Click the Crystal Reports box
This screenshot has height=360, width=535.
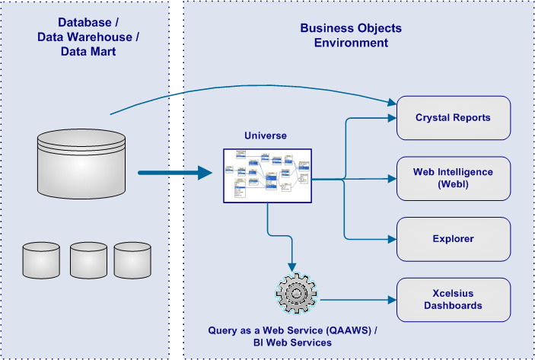click(453, 117)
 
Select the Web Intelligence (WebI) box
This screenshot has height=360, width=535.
click(453, 178)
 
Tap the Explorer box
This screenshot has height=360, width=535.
click(453, 239)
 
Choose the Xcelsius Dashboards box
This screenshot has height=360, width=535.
click(453, 299)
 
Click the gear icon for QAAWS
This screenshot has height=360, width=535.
click(292, 292)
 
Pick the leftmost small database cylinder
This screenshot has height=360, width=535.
click(42, 260)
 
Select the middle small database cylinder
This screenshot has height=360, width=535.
click(88, 260)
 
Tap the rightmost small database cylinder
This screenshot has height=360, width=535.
click(132, 260)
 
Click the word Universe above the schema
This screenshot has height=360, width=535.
click(266, 136)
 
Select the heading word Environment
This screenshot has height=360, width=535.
click(351, 43)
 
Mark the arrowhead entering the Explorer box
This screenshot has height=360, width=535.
click(393, 239)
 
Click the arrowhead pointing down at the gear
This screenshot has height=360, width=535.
click(292, 264)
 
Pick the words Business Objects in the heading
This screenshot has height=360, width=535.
click(351, 29)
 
